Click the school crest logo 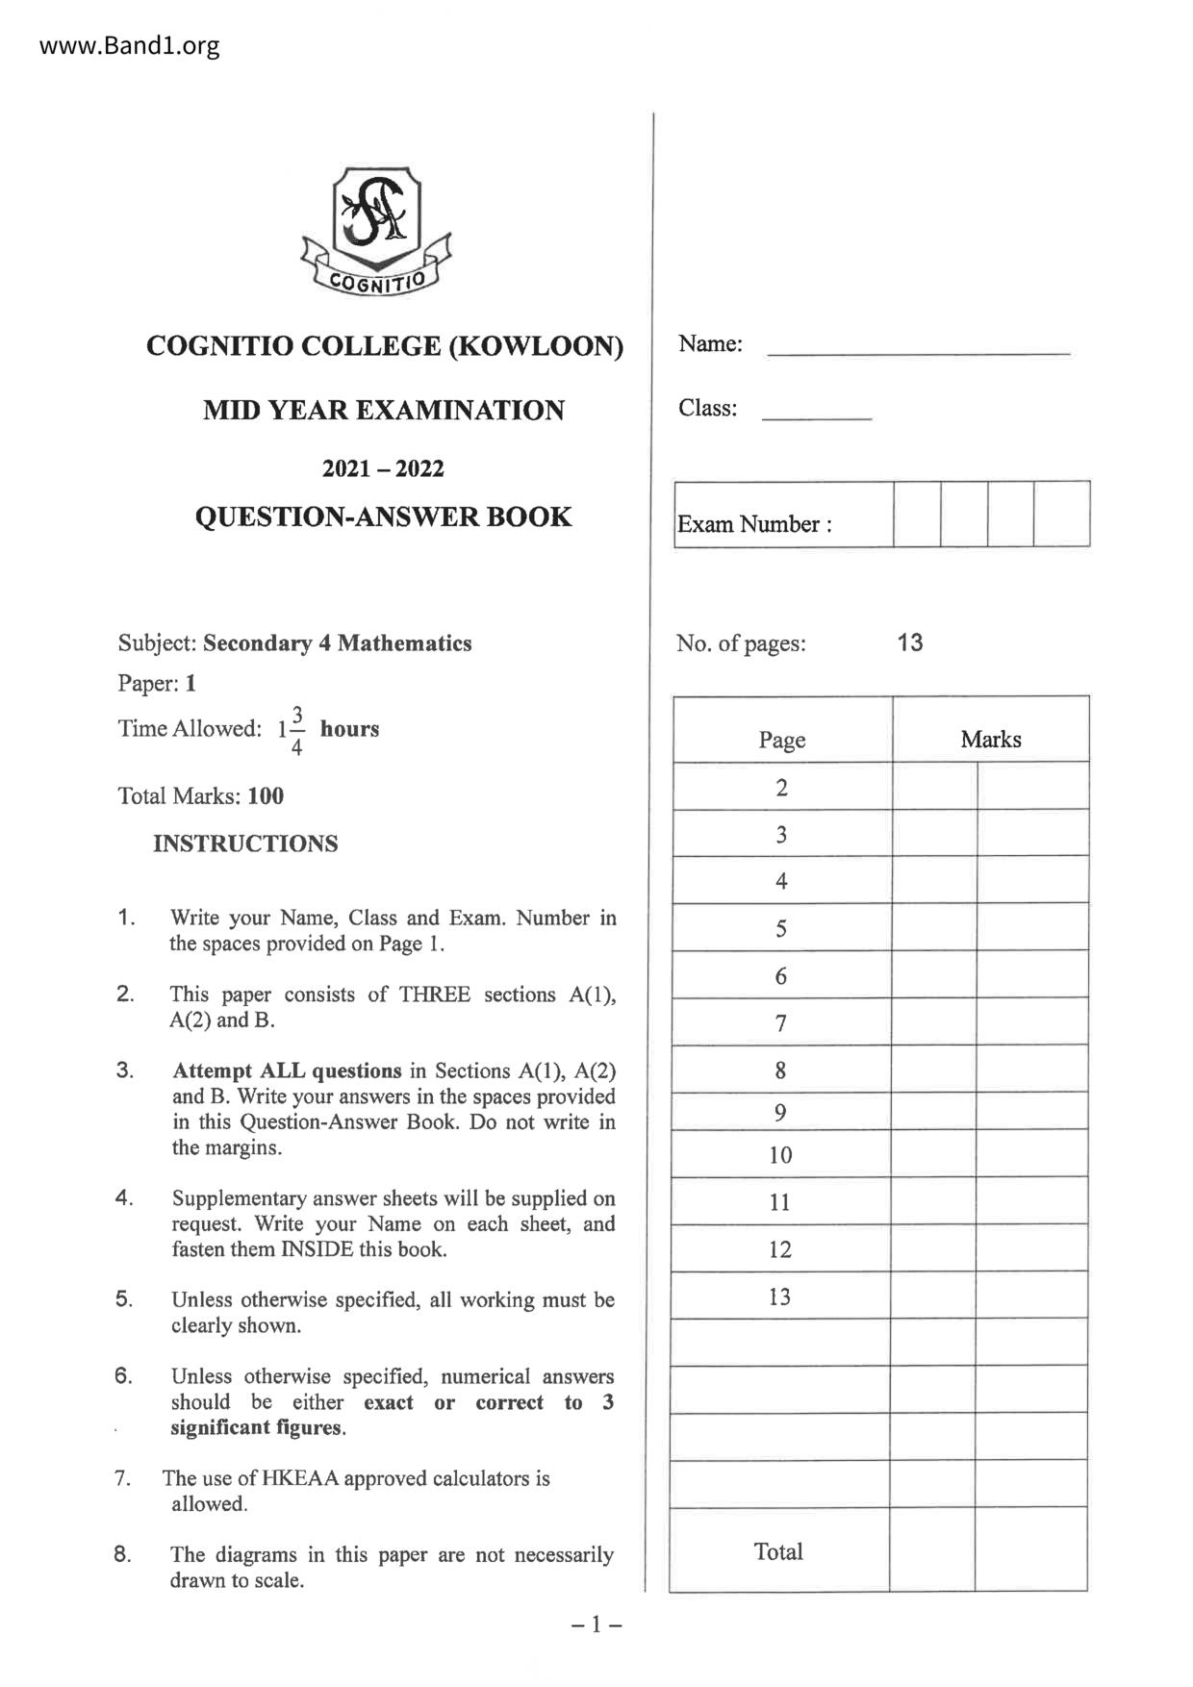click(375, 231)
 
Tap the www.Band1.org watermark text click(130, 45)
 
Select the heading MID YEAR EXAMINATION click(384, 411)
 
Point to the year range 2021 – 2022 click(383, 469)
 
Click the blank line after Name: click(918, 352)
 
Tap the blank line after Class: click(816, 416)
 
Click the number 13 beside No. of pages click(909, 642)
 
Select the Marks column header click(990, 740)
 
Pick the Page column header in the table click(781, 740)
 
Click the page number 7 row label click(781, 1023)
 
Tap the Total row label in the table click(778, 1551)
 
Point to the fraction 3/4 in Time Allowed click(297, 730)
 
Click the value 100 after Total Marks click(266, 796)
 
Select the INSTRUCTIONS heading click(245, 843)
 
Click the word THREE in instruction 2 click(435, 995)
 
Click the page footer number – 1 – click(596, 1624)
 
